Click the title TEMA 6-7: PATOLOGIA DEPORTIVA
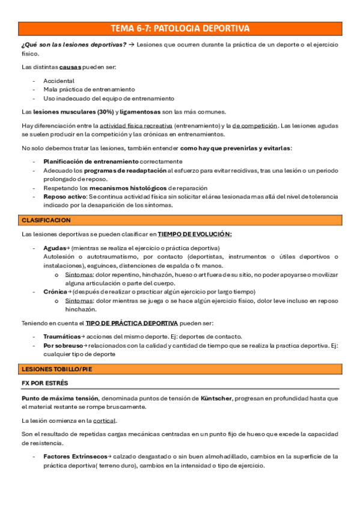[x=180, y=28]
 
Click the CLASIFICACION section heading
[x=46, y=220]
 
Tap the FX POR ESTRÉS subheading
[x=44, y=382]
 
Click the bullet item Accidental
[x=59, y=81]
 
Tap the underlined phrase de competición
[x=254, y=125]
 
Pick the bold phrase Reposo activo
[x=65, y=197]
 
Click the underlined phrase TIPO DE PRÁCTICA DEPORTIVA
[x=132, y=322]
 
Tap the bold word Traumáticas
[x=61, y=336]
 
